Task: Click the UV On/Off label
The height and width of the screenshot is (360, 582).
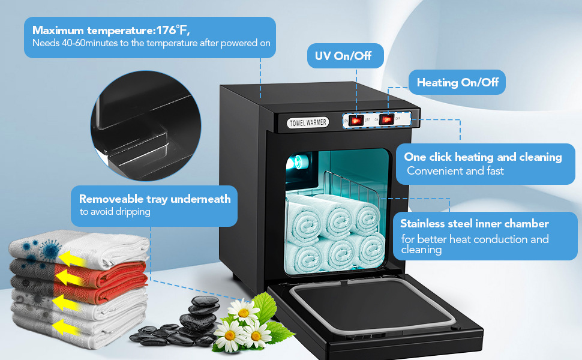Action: tap(343, 56)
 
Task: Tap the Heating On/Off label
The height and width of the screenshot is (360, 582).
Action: tap(457, 83)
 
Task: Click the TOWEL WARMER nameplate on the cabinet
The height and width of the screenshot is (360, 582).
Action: tap(308, 122)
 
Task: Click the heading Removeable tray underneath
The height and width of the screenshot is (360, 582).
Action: tap(155, 199)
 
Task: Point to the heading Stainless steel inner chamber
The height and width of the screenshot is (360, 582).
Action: tap(474, 224)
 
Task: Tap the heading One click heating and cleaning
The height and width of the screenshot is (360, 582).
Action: tap(482, 157)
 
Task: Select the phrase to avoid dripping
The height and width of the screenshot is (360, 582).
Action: tap(115, 212)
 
